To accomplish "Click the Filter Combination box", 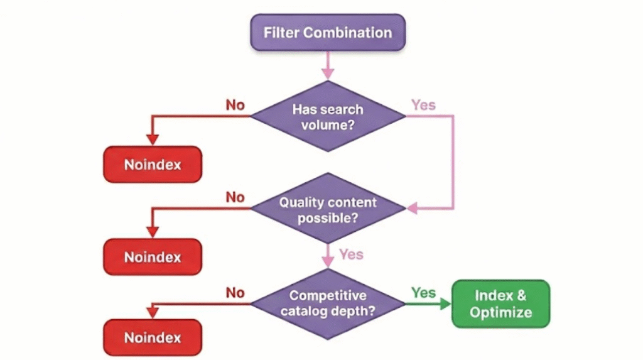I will (x=327, y=33).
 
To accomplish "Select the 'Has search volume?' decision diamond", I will (x=327, y=116).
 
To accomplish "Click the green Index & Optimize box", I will (x=500, y=303).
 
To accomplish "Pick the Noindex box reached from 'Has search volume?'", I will (x=153, y=165).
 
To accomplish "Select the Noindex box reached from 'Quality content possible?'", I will (x=153, y=257).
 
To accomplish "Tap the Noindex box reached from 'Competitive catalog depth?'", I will (x=153, y=337).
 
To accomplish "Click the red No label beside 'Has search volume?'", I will (x=235, y=105).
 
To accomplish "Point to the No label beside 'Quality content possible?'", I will (x=235, y=197).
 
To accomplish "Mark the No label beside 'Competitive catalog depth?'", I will (x=235, y=292).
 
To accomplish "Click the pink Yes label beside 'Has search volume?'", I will (x=423, y=105).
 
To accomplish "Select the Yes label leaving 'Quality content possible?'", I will (x=351, y=254).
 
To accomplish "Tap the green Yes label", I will (x=423, y=292).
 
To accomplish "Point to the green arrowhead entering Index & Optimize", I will (x=445, y=304).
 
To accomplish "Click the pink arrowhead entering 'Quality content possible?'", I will (x=411, y=207).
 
